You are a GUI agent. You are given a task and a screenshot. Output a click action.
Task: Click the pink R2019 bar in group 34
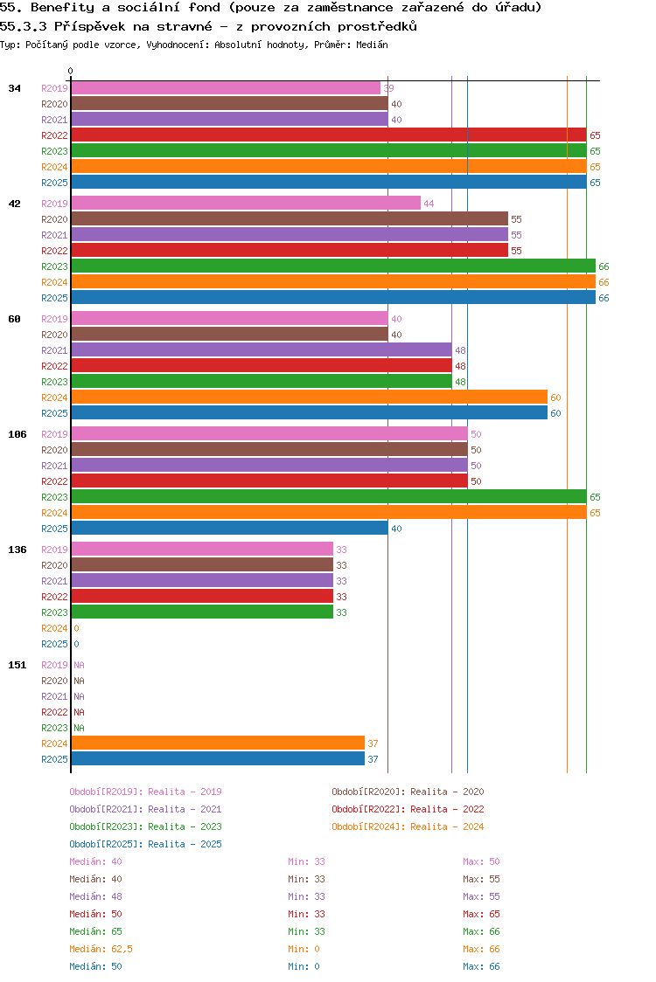[226, 88]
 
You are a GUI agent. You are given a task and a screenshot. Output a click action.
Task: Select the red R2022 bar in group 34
[328, 135]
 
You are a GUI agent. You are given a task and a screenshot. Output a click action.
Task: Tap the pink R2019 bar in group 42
[246, 204]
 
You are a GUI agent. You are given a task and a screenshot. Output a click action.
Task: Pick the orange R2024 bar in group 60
[309, 398]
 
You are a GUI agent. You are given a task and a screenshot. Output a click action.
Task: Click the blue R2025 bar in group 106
[229, 529]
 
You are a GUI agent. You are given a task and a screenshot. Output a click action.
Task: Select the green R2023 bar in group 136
[202, 612]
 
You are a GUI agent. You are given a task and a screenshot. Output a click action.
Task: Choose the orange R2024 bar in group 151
[218, 743]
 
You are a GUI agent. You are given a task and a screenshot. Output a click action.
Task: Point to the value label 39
[388, 88]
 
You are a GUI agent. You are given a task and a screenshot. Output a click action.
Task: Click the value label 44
[429, 204]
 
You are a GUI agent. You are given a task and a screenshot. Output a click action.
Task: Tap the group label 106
[17, 434]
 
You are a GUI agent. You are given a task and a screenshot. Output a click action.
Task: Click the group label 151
[17, 665]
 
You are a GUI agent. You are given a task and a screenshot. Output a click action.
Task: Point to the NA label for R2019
[79, 665]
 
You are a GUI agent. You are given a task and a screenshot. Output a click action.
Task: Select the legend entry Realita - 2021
[145, 809]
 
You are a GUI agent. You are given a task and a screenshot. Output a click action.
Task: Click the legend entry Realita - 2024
[408, 826]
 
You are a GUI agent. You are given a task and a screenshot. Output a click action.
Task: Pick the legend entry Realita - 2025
[145, 844]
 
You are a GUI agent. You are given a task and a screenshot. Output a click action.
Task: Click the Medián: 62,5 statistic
[101, 949]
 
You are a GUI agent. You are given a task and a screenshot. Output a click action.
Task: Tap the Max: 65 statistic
[482, 914]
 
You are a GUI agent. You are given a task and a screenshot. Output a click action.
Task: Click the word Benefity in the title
[62, 8]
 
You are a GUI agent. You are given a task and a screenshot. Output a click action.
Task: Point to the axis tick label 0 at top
[71, 72]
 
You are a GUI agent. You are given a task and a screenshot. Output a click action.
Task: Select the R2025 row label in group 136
[54, 644]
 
